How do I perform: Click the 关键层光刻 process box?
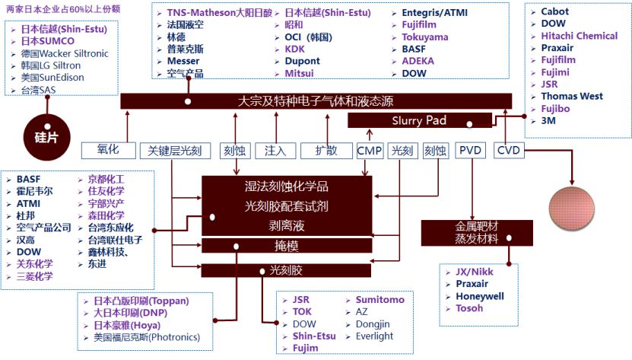[176, 151]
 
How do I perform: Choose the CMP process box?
[370, 151]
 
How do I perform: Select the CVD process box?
[508, 151]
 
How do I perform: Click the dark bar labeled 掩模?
[286, 245]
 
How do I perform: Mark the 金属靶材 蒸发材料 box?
[471, 232]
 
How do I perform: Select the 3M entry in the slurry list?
[548, 120]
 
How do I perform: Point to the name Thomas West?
[571, 96]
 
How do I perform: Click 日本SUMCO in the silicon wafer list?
[49, 41]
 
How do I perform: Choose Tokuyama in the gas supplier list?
[424, 37]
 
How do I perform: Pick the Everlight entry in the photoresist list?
[374, 336]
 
